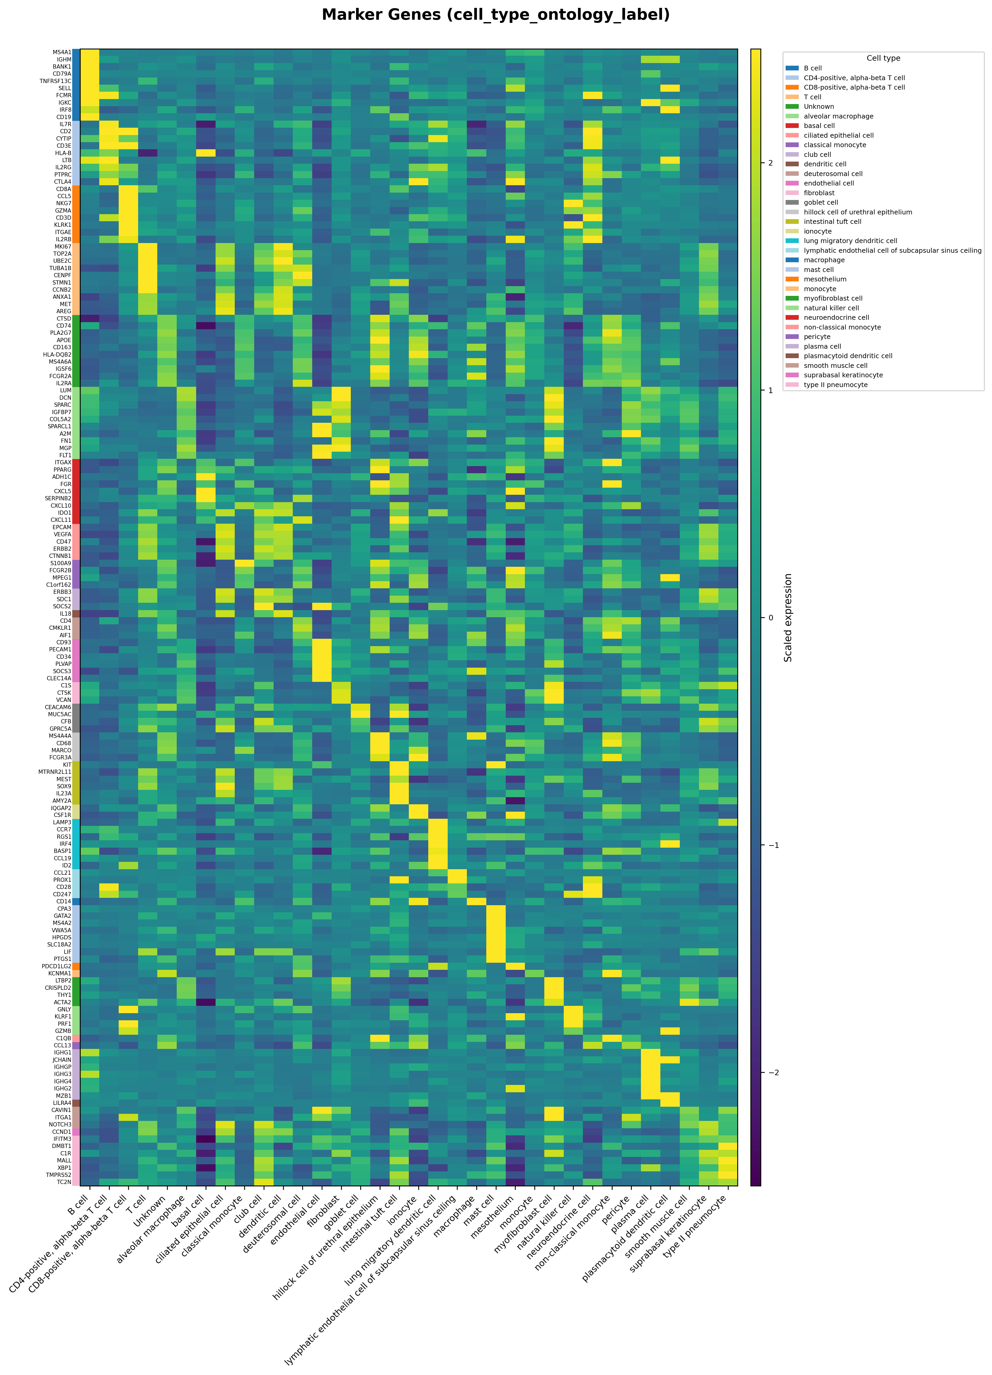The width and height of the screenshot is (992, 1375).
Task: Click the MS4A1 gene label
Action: point(62,52)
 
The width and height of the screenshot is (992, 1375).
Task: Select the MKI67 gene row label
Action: point(62,247)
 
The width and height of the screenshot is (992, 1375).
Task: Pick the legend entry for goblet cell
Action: point(821,203)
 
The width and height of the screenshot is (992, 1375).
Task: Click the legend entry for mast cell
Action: point(818,270)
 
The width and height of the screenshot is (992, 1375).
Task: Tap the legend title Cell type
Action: point(883,58)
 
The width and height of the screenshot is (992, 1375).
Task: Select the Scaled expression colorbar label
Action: point(788,617)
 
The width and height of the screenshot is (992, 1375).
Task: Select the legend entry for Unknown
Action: point(818,107)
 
